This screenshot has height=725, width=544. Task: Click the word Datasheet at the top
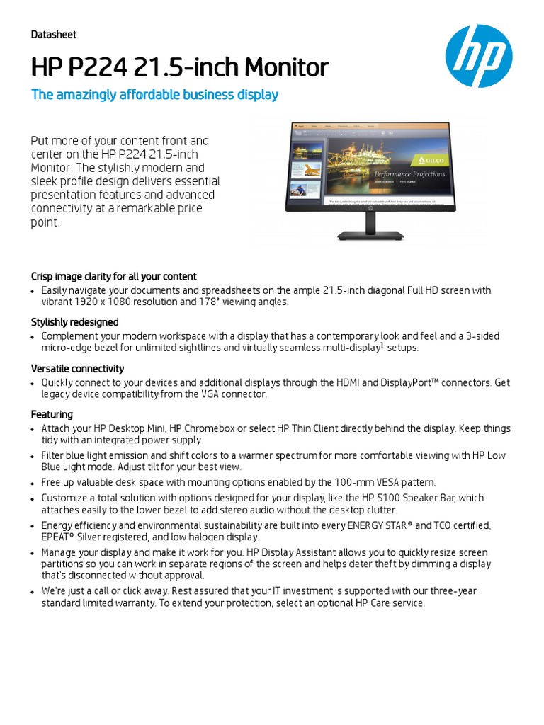coord(54,35)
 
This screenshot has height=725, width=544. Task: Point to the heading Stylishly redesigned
coord(74,322)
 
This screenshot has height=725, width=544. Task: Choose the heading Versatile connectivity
coord(77,368)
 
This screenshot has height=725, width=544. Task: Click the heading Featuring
coord(52,414)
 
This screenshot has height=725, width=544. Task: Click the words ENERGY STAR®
coord(380,525)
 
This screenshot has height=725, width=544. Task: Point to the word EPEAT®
coord(58,537)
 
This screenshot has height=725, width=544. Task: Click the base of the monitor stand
coord(369,236)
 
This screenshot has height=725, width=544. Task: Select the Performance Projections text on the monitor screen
coord(409,173)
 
